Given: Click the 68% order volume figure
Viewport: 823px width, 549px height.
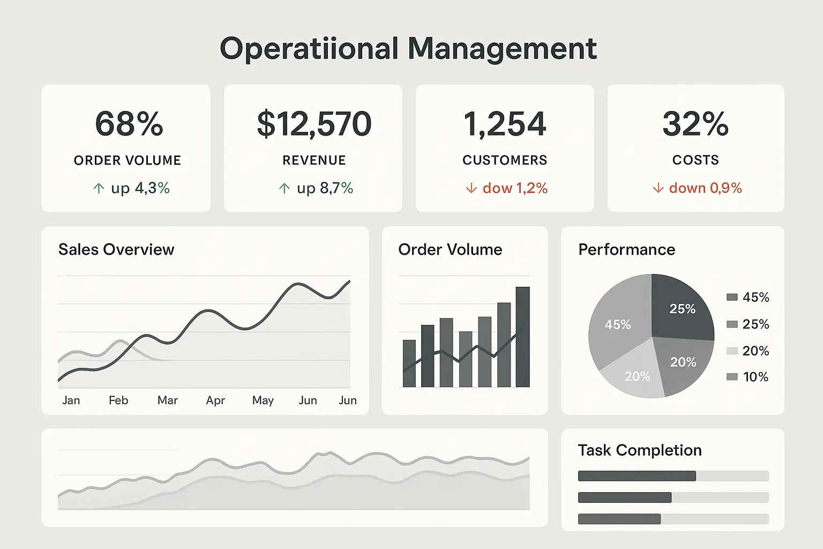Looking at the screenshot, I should coord(129,124).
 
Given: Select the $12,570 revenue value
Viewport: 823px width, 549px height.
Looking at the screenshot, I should coord(314,124).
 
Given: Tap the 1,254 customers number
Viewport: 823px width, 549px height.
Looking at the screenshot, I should coord(505,124).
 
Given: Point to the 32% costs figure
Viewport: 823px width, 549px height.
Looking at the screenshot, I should coord(695,124).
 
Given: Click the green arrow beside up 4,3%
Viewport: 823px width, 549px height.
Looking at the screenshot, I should coord(99,188).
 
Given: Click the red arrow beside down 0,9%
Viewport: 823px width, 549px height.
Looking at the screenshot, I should coord(658,188).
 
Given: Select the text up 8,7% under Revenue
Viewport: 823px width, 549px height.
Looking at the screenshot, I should coord(325,188).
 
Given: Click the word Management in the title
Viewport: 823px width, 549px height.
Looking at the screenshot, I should coord(502,49).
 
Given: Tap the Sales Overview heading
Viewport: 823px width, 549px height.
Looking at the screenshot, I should coord(116,249).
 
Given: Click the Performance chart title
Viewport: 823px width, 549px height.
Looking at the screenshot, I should coord(626,249).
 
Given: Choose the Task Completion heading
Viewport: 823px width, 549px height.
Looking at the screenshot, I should coord(639,450).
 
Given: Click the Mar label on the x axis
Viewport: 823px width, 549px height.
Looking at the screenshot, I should coord(167,400).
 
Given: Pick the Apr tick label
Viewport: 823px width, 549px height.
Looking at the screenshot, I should coord(215,400).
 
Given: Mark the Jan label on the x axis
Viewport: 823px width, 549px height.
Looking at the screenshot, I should coord(71,400).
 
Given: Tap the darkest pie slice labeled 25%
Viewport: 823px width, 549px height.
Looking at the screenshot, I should coord(682,308).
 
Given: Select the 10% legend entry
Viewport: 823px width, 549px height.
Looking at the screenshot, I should coord(748,377).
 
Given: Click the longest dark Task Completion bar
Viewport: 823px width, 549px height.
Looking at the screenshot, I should coord(637,476).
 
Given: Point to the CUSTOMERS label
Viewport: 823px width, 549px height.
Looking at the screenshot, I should coord(505,160).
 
